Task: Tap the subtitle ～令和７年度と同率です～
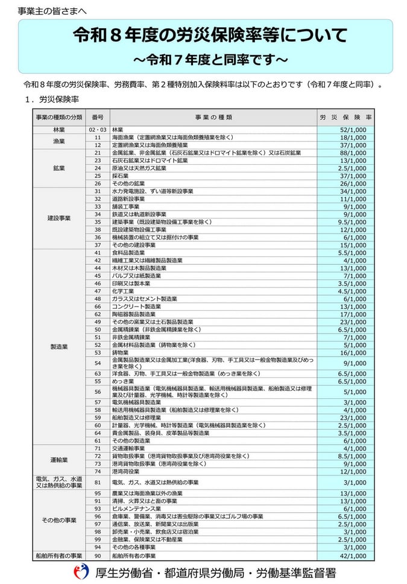pyautogui.click(x=210, y=60)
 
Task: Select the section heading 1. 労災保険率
pyautogui.click(x=57, y=98)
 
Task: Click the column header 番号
pyautogui.click(x=98, y=117)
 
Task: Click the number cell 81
pyautogui.click(x=98, y=483)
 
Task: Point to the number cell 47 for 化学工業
pyautogui.click(x=98, y=291)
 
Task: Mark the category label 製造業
pyautogui.click(x=58, y=347)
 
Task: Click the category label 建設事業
pyautogui.click(x=58, y=218)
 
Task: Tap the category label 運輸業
pyautogui.click(x=58, y=460)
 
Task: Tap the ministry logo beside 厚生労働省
pyautogui.click(x=80, y=572)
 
